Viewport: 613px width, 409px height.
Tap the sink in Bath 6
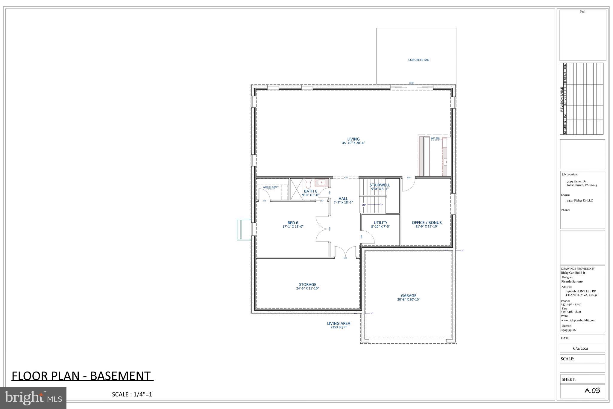coord(321,182)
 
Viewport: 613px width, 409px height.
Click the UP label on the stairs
coord(364,205)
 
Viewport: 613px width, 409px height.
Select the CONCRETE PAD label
coord(418,60)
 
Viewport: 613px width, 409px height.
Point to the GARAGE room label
coord(409,295)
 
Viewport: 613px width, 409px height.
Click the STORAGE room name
coord(307,284)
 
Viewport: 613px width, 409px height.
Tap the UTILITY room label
coord(380,223)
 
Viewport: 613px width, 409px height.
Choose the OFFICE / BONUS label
coord(427,223)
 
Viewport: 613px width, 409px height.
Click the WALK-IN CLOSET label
coord(271,187)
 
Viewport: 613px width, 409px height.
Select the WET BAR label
coord(435,138)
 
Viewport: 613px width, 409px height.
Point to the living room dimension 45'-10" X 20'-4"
coord(353,143)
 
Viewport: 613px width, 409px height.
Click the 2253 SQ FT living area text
coord(339,327)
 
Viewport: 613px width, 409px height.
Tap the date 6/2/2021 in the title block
coord(581,348)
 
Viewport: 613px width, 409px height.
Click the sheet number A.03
coord(592,391)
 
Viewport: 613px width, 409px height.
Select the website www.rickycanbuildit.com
coord(578,320)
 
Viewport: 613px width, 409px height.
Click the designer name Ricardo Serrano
coord(572,282)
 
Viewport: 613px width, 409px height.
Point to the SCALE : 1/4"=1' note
coord(133,394)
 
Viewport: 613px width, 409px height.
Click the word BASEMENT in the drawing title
coord(120,376)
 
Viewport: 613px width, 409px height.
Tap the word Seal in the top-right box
coord(582,11)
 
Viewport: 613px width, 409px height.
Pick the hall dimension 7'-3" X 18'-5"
coord(343,203)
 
